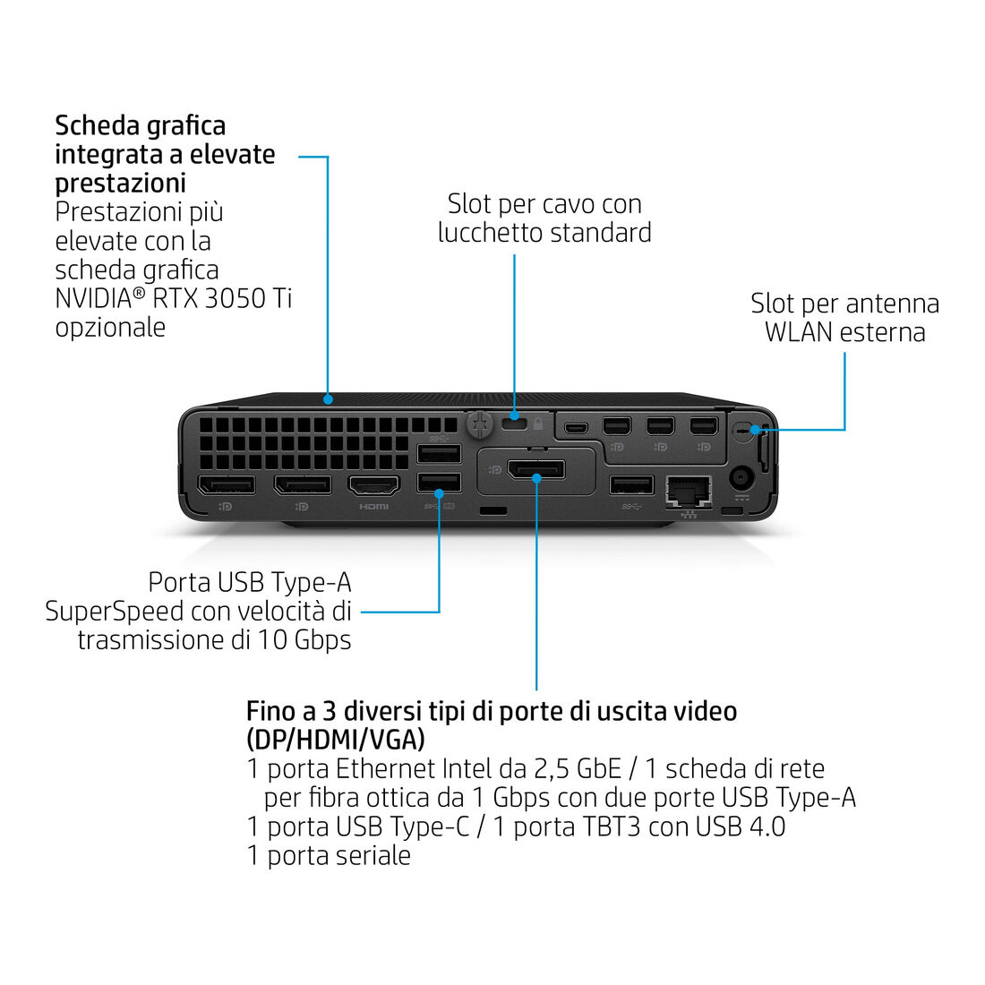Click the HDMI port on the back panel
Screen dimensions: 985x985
(373, 485)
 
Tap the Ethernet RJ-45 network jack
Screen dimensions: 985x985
(689, 491)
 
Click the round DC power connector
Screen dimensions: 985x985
(742, 479)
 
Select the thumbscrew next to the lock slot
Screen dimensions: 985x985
(480, 424)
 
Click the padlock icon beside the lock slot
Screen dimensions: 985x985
(538, 424)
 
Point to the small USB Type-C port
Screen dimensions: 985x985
(575, 428)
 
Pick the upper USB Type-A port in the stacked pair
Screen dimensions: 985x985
(439, 454)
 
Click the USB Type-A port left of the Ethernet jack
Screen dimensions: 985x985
(631, 485)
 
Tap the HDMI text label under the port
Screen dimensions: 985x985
(373, 506)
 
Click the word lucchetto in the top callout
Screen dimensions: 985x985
(488, 233)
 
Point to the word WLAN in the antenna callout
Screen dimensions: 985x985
(797, 332)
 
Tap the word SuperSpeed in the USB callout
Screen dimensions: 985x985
(114, 612)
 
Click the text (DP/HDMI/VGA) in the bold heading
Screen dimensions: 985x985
(336, 740)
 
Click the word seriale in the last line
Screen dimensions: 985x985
(371, 855)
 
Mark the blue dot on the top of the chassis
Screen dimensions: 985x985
(328, 398)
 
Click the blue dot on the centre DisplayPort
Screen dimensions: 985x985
(536, 479)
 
